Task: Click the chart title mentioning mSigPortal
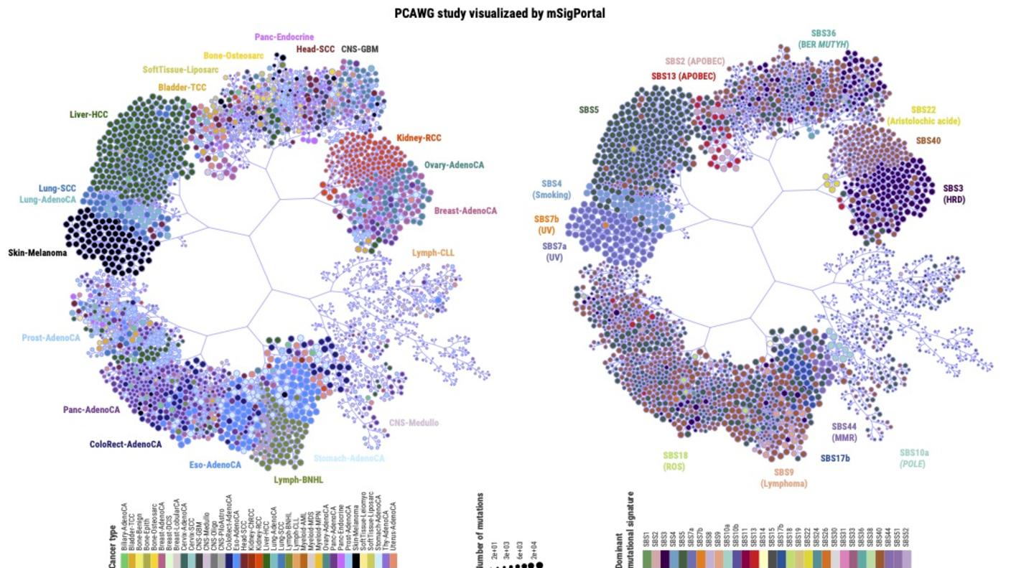500,13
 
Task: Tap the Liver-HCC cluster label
90,114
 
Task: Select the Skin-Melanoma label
37,253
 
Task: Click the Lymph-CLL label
433,253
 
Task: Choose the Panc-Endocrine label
284,37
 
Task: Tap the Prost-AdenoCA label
51,337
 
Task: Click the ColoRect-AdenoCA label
126,444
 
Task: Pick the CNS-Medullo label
414,422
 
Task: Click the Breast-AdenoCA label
465,211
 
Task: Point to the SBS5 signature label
590,110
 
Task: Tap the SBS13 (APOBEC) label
684,76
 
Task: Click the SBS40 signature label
928,141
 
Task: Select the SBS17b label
835,458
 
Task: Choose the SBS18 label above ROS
675,455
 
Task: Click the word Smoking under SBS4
551,195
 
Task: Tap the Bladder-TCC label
182,88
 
